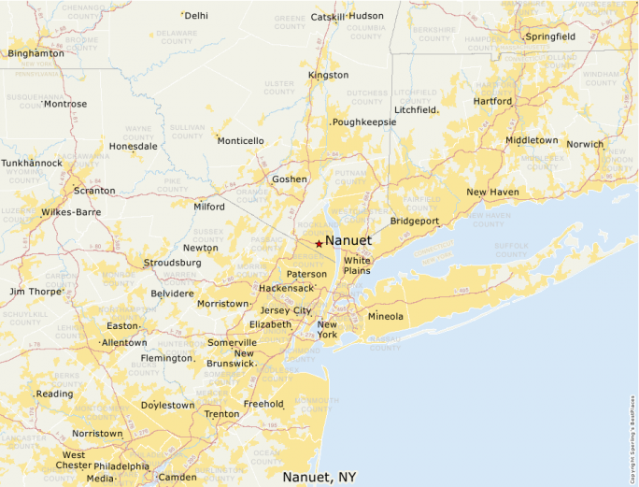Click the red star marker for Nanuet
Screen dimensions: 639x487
319,243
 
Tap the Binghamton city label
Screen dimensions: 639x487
35,53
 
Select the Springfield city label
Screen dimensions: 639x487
550,37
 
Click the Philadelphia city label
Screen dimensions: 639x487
121,466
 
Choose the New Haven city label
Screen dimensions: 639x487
492,193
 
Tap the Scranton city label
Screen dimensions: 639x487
94,191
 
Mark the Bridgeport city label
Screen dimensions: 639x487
414,222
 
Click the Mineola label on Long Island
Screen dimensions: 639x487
385,317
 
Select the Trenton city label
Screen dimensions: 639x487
221,414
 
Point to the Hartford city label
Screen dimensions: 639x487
492,101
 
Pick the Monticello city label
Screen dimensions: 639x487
240,141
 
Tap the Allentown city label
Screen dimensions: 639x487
124,343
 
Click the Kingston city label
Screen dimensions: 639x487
328,75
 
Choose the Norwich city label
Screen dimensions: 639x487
585,144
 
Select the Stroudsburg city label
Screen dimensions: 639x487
172,263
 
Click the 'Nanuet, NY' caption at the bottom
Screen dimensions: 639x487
319,477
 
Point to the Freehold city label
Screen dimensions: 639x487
263,404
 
